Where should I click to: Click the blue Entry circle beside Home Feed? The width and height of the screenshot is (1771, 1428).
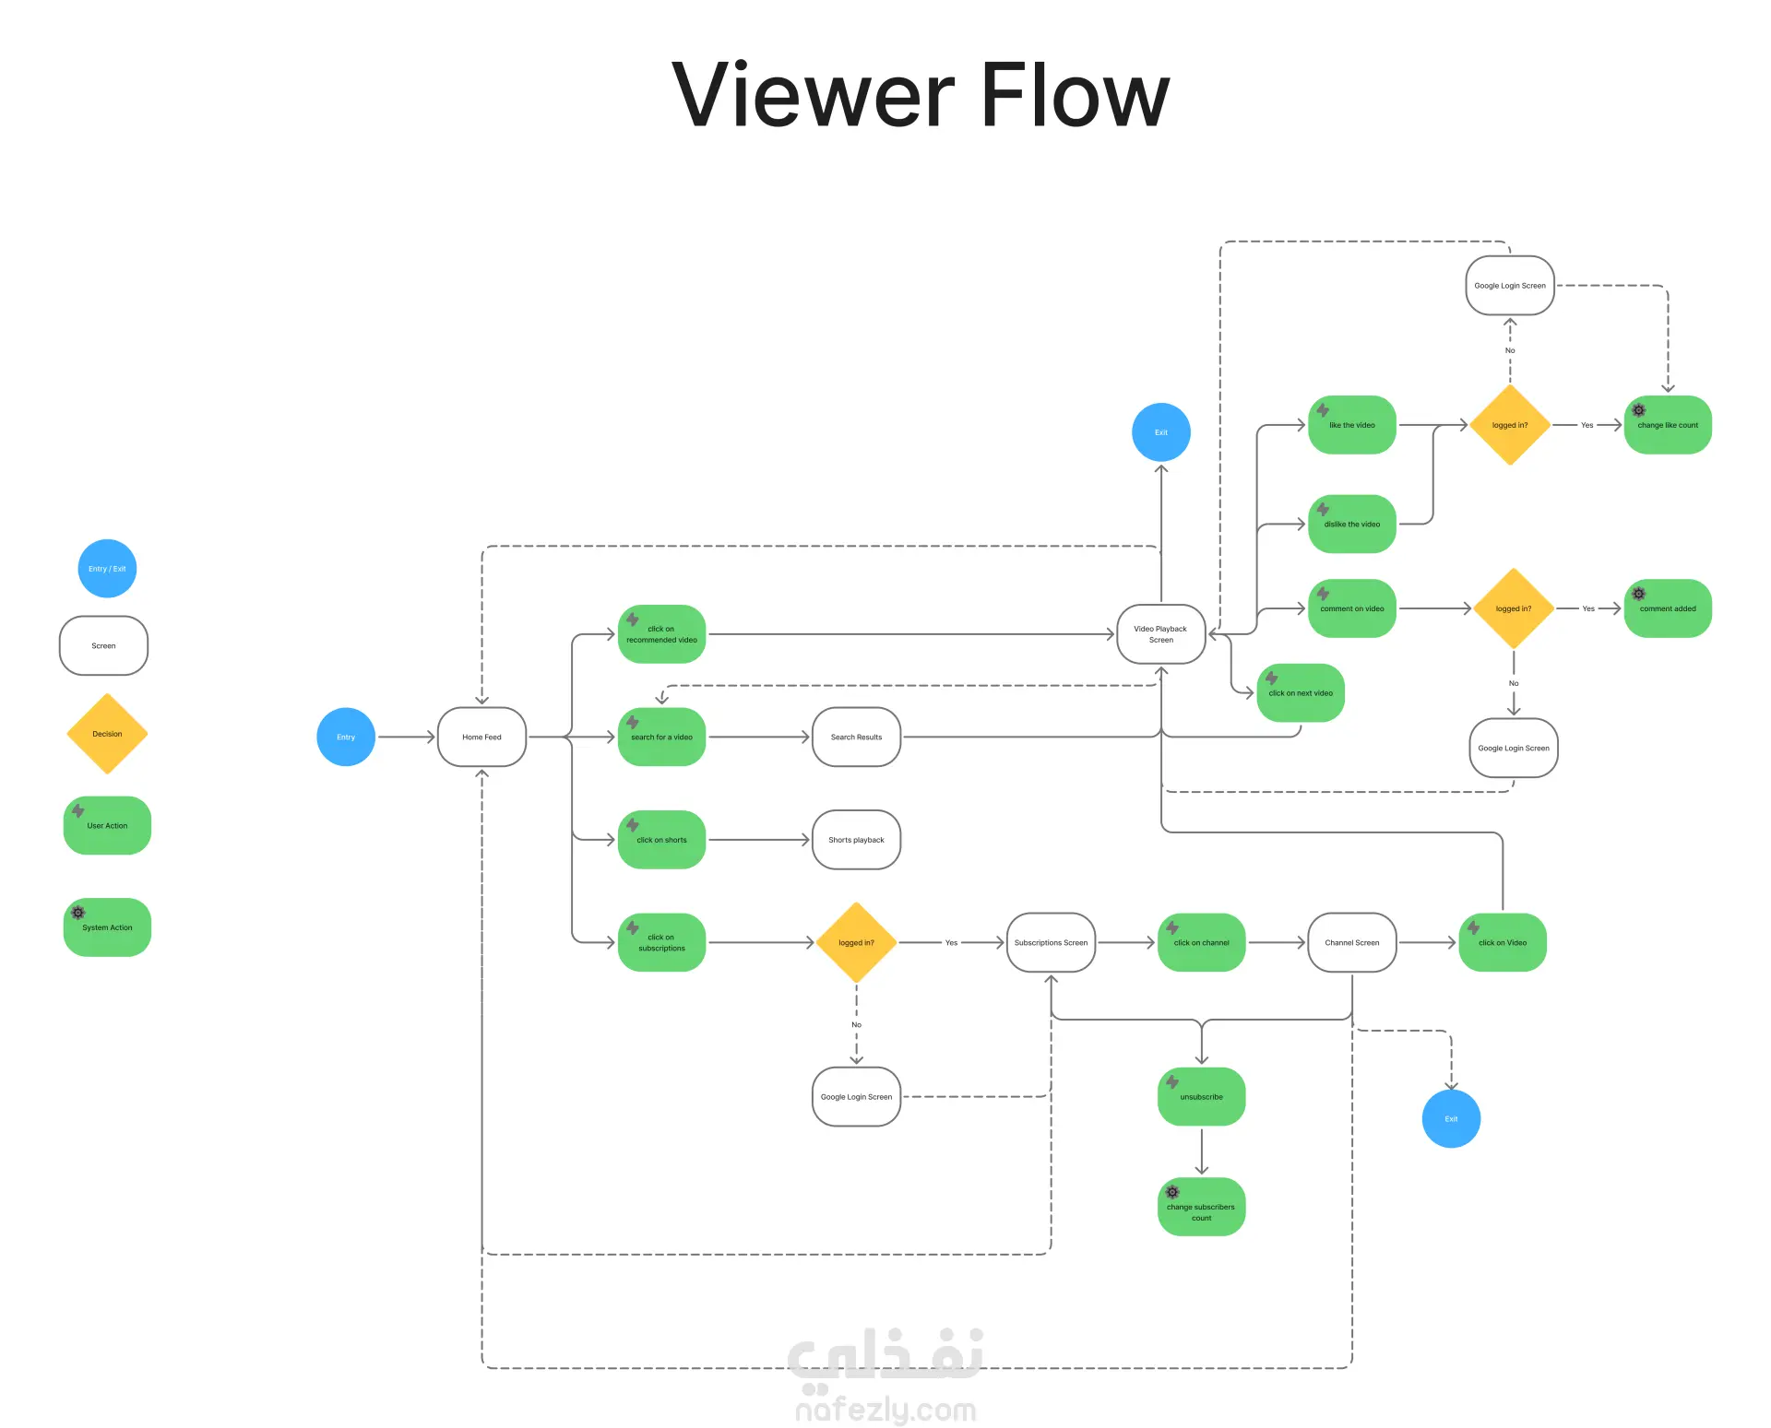click(x=346, y=737)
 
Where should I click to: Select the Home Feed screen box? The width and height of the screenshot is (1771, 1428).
click(x=481, y=737)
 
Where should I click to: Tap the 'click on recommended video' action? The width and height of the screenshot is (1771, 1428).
click(x=661, y=634)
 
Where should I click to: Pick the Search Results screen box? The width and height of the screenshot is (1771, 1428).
click(x=856, y=737)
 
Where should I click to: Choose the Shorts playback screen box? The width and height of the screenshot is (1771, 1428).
click(x=856, y=840)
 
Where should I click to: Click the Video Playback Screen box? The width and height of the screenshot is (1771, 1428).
click(x=1160, y=634)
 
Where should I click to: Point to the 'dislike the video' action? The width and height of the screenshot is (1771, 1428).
click(x=1351, y=524)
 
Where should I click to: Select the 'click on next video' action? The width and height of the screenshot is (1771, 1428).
click(x=1301, y=693)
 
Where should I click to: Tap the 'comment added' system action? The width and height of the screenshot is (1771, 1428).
click(x=1668, y=608)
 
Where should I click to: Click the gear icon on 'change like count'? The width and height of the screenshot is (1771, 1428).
click(x=1639, y=410)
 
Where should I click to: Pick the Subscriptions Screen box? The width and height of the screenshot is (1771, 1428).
click(x=1051, y=942)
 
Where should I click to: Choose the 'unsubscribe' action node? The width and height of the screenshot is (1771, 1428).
click(x=1201, y=1097)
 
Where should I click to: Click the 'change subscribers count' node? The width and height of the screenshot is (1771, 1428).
click(x=1201, y=1207)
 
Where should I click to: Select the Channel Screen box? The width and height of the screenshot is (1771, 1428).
click(x=1351, y=942)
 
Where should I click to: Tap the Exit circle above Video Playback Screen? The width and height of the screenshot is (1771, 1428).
click(x=1160, y=432)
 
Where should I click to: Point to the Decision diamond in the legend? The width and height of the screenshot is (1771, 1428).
click(x=107, y=734)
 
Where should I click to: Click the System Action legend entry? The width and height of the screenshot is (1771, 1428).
click(x=107, y=927)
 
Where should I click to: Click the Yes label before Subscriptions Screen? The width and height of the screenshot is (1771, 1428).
click(x=951, y=943)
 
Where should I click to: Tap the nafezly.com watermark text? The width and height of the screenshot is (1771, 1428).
click(x=885, y=1410)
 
